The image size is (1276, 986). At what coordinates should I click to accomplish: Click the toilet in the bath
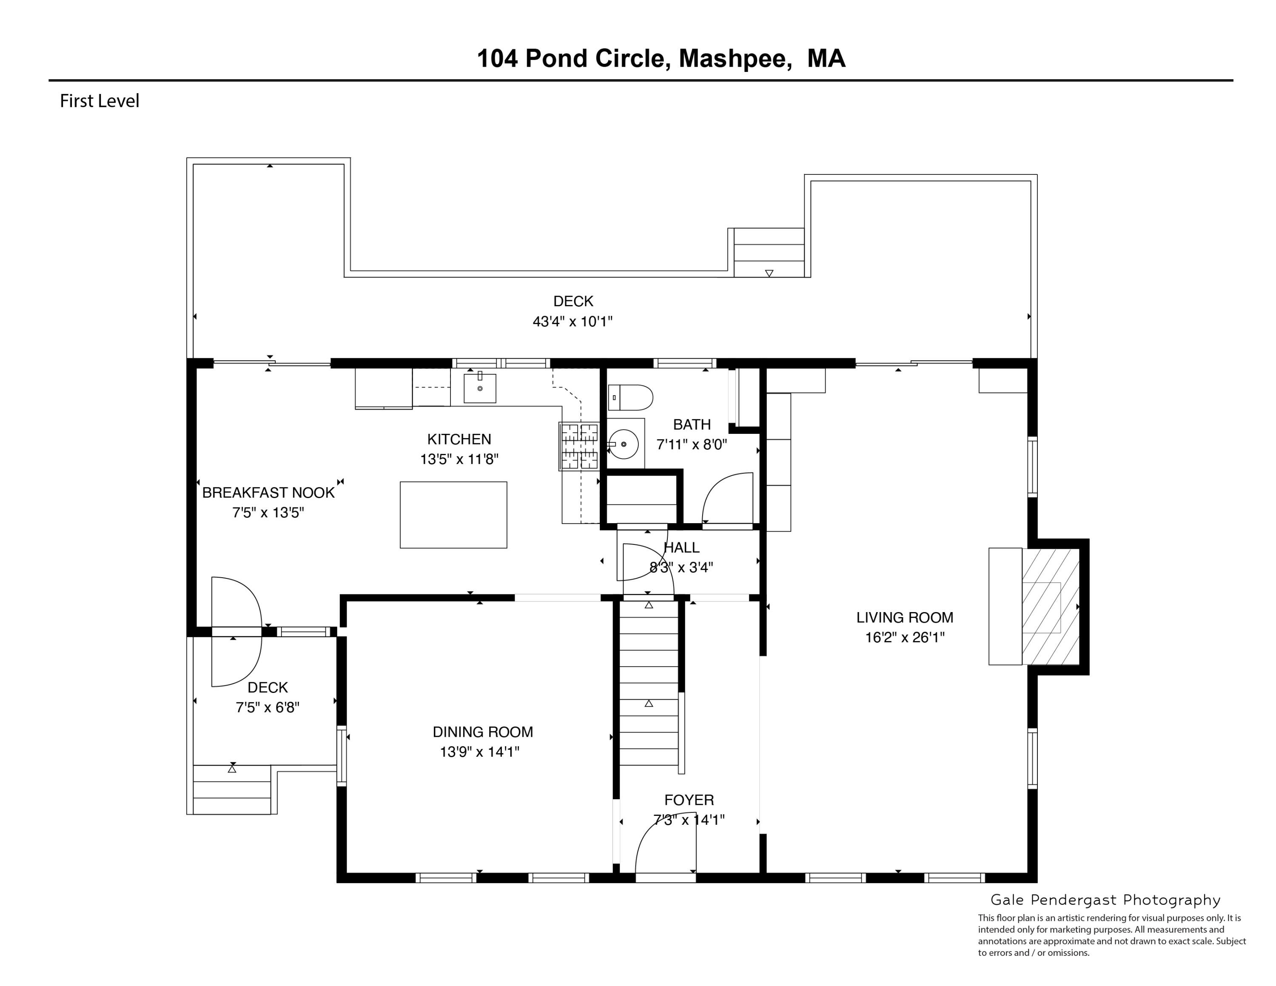pyautogui.click(x=630, y=398)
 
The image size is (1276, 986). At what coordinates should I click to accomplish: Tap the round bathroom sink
pyautogui.click(x=624, y=444)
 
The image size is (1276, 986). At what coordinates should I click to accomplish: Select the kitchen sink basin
pyautogui.click(x=480, y=388)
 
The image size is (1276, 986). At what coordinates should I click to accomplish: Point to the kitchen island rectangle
pyautogui.click(x=453, y=515)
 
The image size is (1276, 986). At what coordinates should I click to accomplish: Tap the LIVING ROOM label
pyautogui.click(x=904, y=617)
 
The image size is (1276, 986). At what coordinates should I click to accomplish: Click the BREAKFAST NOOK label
pyautogui.click(x=268, y=493)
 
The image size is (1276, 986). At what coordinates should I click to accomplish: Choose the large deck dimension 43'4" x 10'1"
pyautogui.click(x=572, y=321)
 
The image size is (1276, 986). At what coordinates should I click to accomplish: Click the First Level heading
pyautogui.click(x=100, y=101)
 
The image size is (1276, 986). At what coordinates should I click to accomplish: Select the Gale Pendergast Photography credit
pyautogui.click(x=1105, y=900)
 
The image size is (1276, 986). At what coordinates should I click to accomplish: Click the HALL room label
pyautogui.click(x=682, y=547)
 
